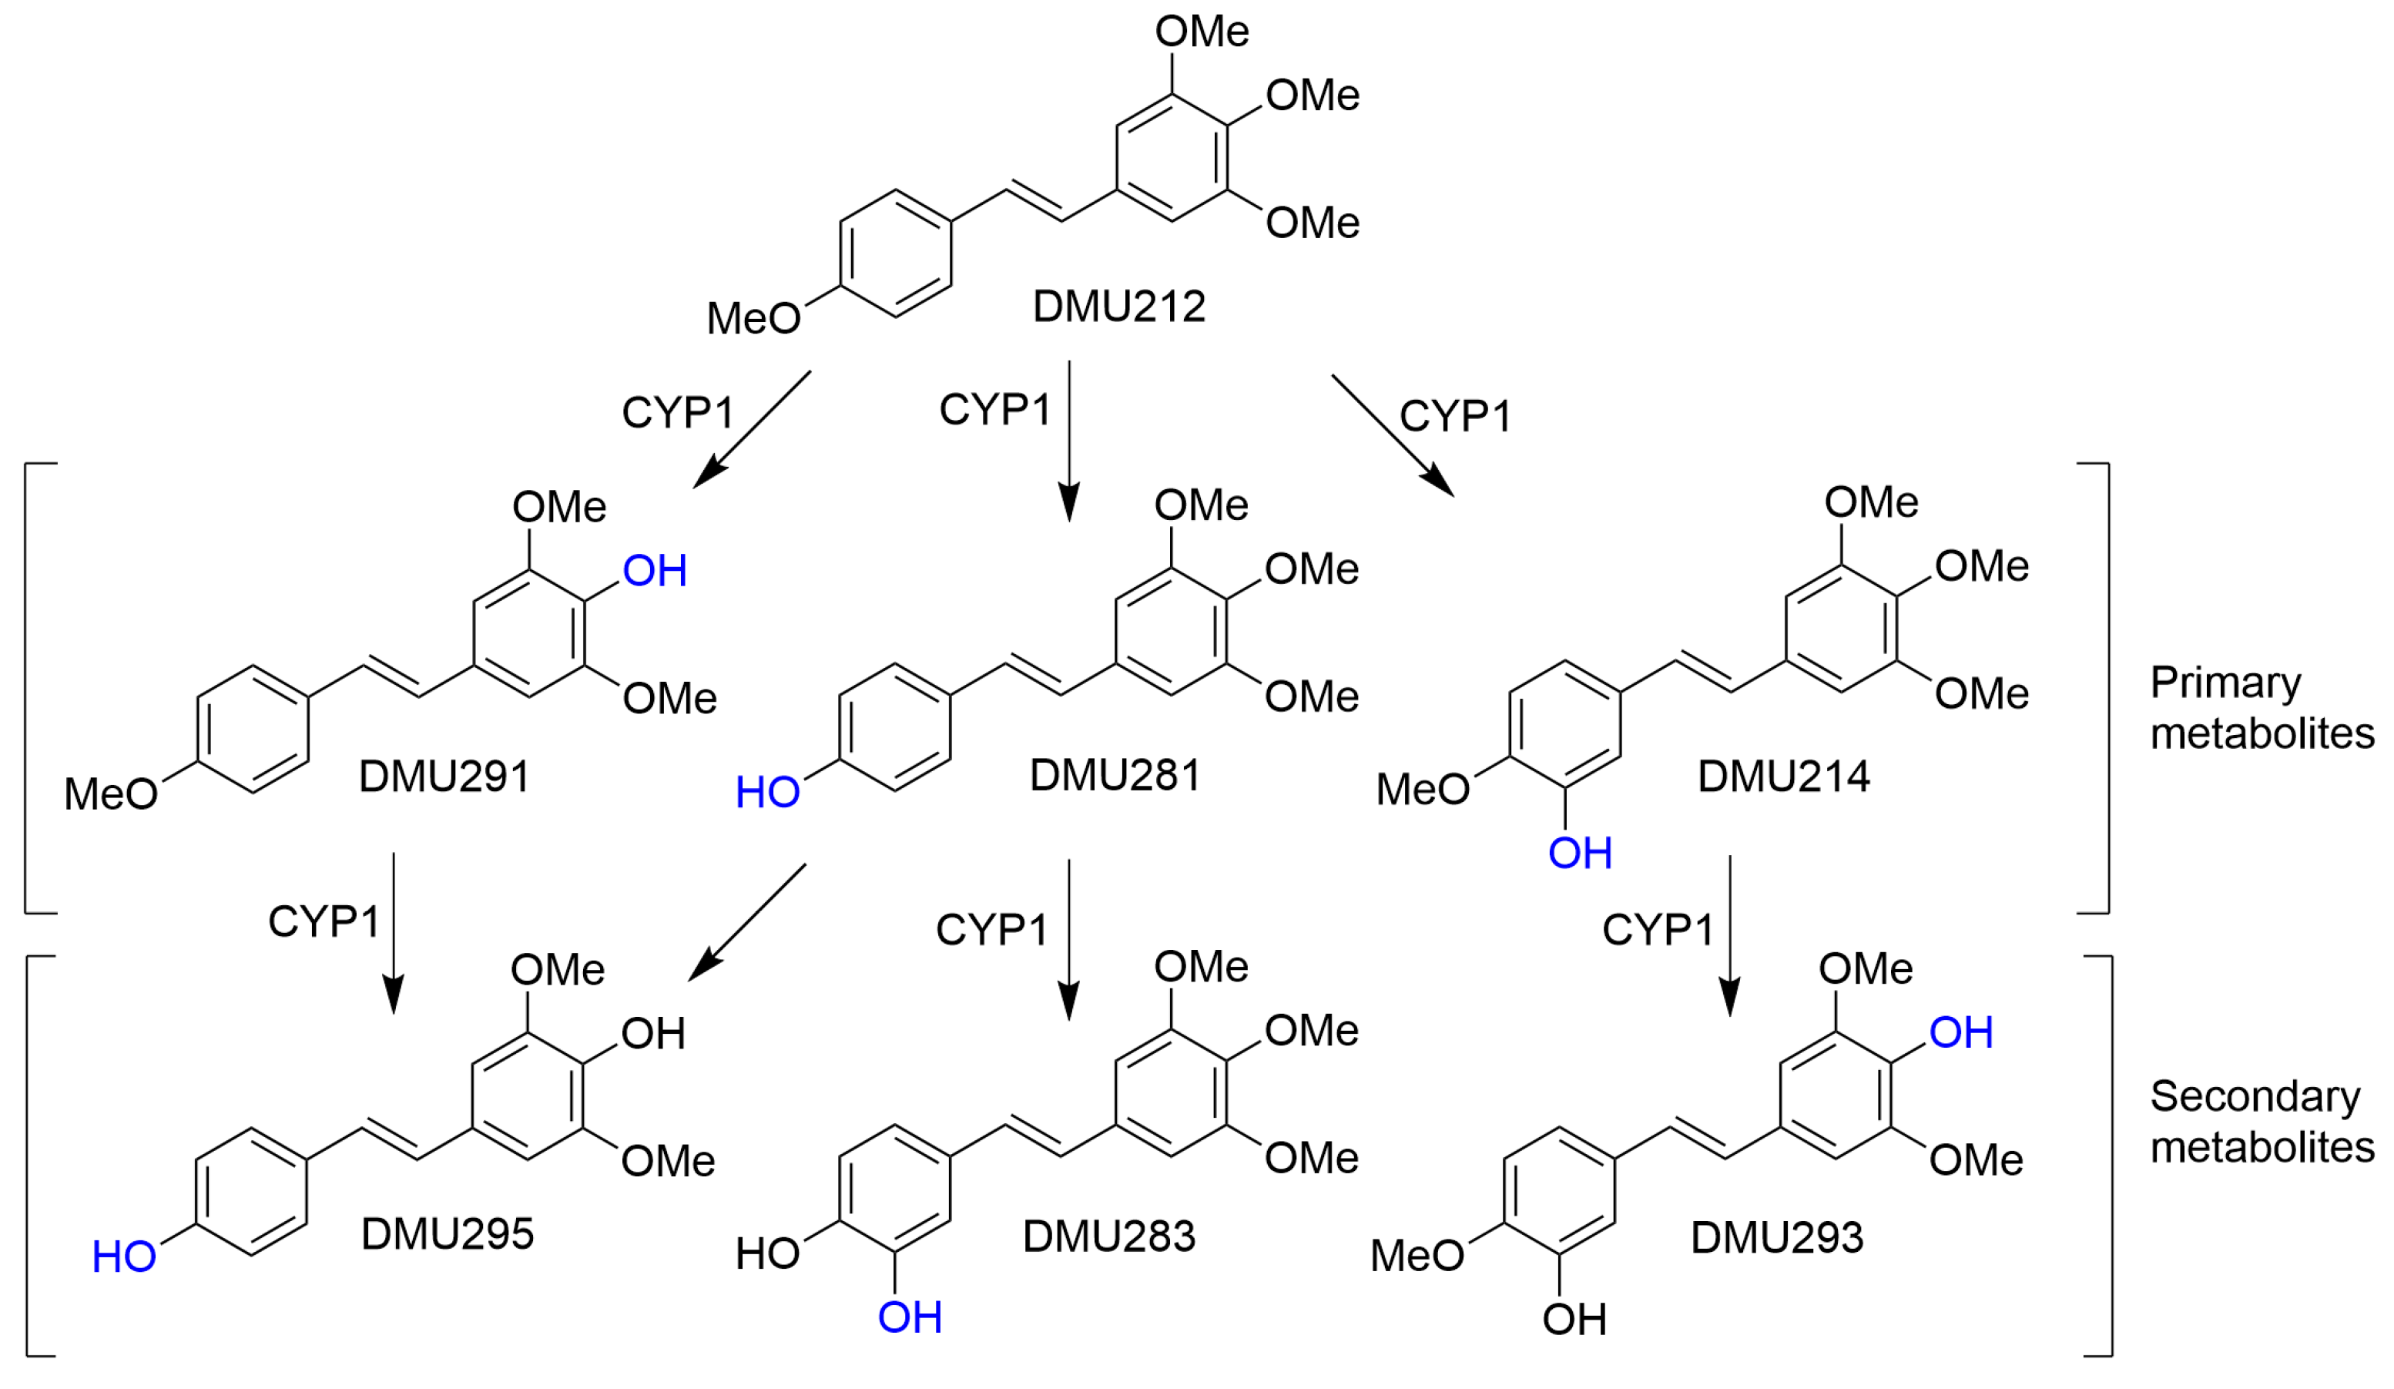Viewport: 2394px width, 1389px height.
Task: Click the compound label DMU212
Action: pyautogui.click(x=1118, y=307)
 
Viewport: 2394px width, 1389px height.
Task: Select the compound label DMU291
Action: pyautogui.click(x=444, y=777)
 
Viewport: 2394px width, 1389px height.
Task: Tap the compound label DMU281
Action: pyautogui.click(x=1115, y=777)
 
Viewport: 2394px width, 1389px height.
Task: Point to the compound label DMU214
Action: pyautogui.click(x=1783, y=777)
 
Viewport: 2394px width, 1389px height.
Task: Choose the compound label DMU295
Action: pyautogui.click(x=448, y=1235)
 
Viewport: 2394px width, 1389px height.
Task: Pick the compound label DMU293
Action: pyautogui.click(x=1776, y=1238)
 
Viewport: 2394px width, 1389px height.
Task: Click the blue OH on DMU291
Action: pyautogui.click(x=655, y=571)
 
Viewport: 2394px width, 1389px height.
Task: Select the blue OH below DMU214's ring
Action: pyautogui.click(x=1580, y=853)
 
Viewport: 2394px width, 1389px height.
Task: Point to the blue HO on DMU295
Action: pyautogui.click(x=123, y=1258)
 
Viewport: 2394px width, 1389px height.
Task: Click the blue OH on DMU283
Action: pyautogui.click(x=909, y=1318)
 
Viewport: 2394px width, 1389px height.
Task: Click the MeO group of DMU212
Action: pyautogui.click(x=753, y=318)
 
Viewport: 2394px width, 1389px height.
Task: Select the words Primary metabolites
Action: pyautogui.click(x=2261, y=708)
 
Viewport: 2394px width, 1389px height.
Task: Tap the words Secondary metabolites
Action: pyautogui.click(x=2261, y=1122)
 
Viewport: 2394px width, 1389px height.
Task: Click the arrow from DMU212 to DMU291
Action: pyautogui.click(x=752, y=429)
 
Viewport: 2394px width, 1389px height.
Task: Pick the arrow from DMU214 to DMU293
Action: pyautogui.click(x=1729, y=935)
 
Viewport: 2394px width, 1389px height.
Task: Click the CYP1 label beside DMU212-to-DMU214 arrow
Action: pyautogui.click(x=1454, y=416)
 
